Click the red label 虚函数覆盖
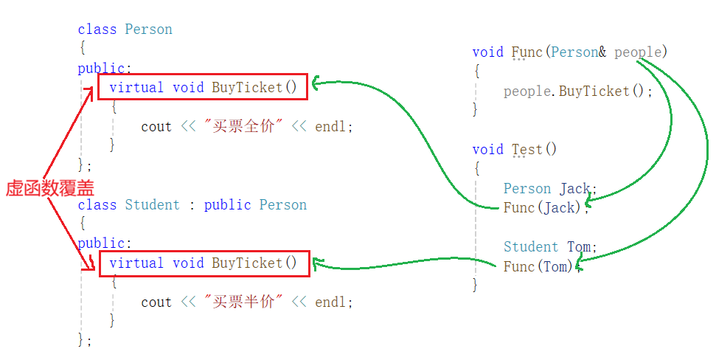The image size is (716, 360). coord(49,188)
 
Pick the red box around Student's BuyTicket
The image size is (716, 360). coord(204,263)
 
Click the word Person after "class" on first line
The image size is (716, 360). coord(148,30)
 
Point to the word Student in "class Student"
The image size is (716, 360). coord(152,205)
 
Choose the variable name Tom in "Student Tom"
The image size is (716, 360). coord(582,246)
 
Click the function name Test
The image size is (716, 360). coord(527,149)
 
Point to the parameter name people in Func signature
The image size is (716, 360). coord(638,52)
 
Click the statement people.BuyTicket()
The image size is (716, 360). coord(578,91)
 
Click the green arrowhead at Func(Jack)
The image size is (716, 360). coord(588,199)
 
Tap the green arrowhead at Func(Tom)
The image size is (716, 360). coord(583,259)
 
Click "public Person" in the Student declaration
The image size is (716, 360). coord(255,205)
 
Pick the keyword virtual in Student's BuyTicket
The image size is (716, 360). coord(136,263)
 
